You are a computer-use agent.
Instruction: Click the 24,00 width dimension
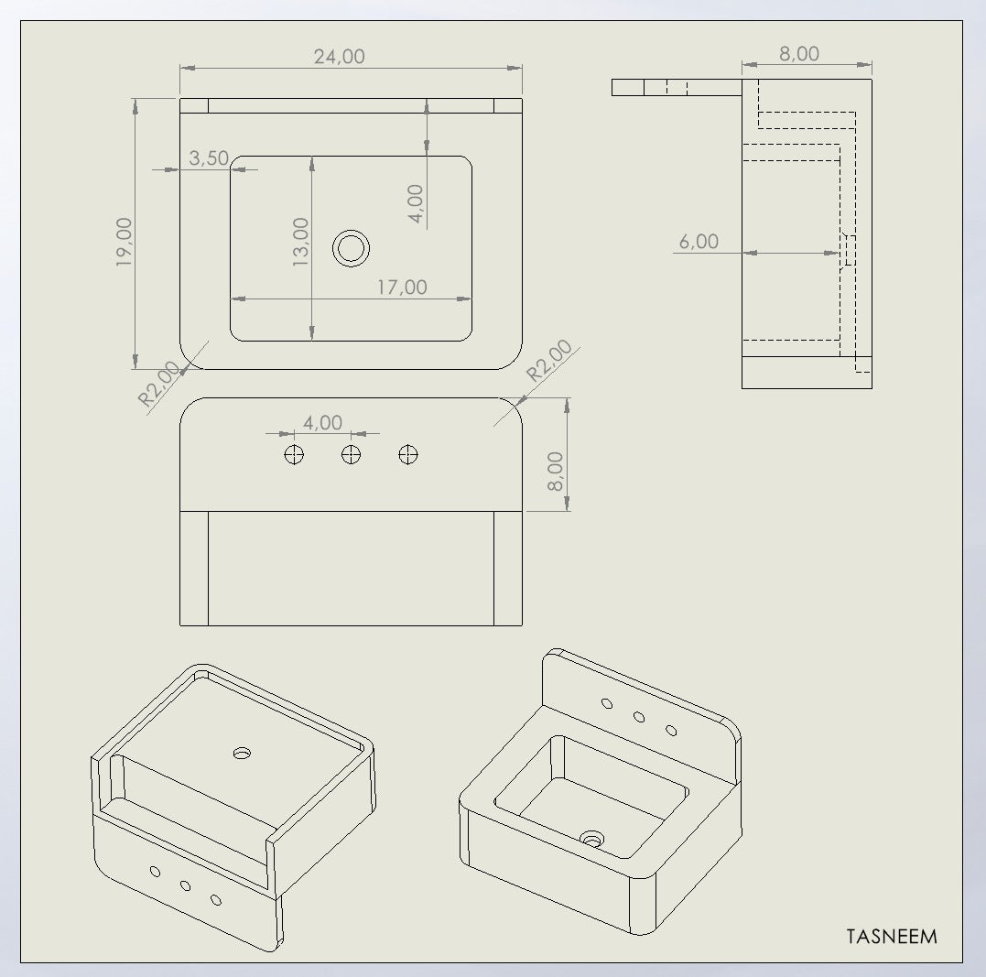click(x=339, y=57)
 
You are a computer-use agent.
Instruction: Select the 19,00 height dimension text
click(x=125, y=243)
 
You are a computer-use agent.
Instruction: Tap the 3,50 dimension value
click(x=209, y=157)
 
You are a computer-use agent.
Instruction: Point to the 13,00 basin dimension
click(x=300, y=243)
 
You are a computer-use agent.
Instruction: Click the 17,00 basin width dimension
click(x=402, y=288)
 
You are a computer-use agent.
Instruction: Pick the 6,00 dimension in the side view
click(x=699, y=242)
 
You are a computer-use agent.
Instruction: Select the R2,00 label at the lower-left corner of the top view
click(x=159, y=384)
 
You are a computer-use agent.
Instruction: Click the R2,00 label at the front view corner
click(x=549, y=361)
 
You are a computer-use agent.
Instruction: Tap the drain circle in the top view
click(x=351, y=248)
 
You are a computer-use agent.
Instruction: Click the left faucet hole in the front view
click(x=294, y=454)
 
